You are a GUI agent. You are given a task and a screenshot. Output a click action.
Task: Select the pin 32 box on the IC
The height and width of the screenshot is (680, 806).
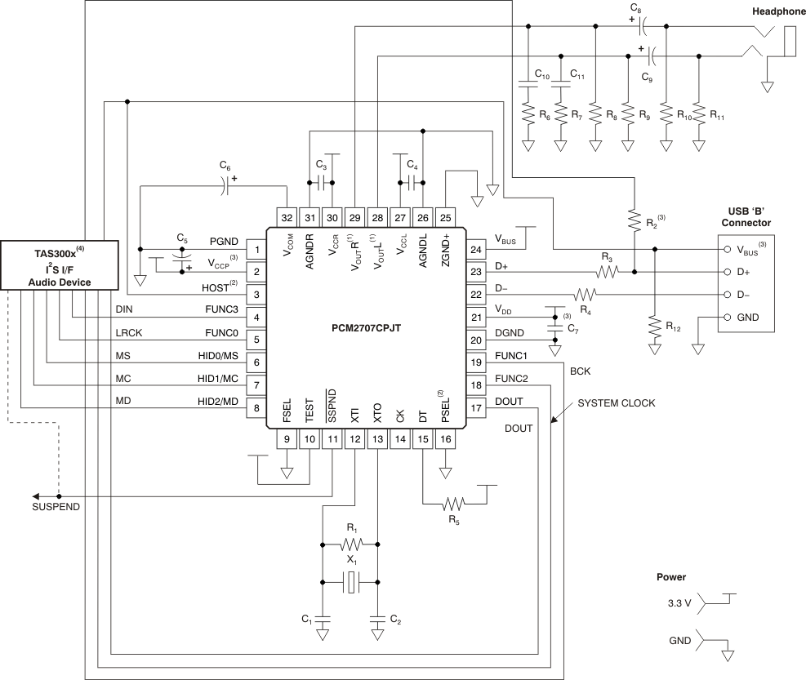pyautogui.click(x=287, y=217)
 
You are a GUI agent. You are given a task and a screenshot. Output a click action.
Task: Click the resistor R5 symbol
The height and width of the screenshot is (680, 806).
pyautogui.click(x=452, y=503)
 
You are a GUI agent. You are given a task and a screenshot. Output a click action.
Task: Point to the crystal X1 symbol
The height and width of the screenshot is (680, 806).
pyautogui.click(x=350, y=583)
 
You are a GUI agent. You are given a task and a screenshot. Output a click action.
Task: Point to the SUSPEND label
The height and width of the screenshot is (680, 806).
pyautogui.click(x=56, y=507)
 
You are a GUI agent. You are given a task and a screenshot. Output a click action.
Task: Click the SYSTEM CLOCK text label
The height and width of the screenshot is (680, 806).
pyautogui.click(x=616, y=404)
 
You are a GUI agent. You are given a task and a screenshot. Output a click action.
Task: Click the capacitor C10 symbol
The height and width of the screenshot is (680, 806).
pyautogui.click(x=528, y=85)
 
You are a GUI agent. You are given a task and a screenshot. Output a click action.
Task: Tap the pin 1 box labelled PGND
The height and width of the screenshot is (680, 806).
pyautogui.click(x=258, y=249)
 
